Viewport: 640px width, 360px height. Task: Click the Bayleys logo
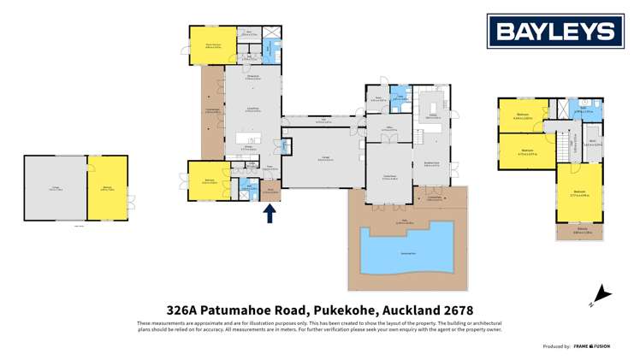[551, 32]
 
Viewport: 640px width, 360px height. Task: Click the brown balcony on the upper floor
[579, 230]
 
